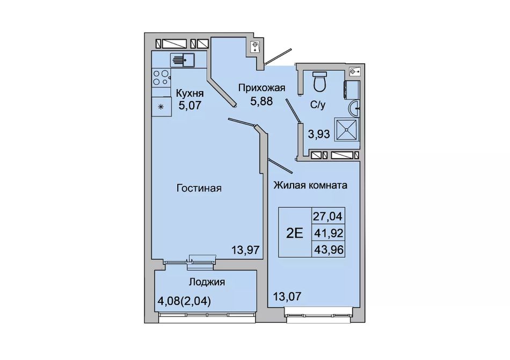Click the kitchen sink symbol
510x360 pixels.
(182, 60)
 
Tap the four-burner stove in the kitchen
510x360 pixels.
(162, 78)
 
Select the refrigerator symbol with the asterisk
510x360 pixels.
(162, 106)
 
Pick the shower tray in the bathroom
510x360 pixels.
(347, 130)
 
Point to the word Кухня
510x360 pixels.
(190, 93)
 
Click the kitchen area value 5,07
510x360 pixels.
(190, 105)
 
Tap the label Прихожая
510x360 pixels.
(261, 88)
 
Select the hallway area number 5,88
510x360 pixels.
(261, 101)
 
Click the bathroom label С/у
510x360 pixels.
(318, 105)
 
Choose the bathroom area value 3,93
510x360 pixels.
(319, 134)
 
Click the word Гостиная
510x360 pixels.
(199, 188)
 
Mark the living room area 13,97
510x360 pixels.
(245, 250)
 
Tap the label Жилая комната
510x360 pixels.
(310, 185)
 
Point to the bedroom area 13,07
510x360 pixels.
(287, 296)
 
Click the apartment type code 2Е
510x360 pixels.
(294, 233)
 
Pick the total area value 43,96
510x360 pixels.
(328, 250)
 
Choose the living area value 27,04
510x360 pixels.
(328, 216)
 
